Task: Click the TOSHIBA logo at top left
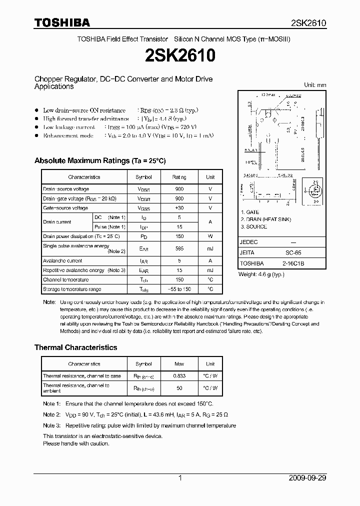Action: point(62,22)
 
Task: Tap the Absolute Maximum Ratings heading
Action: point(99,160)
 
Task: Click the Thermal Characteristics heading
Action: point(75,347)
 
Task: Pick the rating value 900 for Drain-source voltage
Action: point(179,189)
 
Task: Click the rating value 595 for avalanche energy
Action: point(179,248)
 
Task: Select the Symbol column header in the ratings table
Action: point(144,177)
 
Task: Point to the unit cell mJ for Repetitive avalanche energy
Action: point(210,270)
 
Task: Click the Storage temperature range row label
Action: point(72,289)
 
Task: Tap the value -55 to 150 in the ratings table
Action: point(179,289)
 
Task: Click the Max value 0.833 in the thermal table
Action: point(179,375)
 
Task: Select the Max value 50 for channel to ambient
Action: point(179,388)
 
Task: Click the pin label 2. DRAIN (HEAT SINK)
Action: point(265,219)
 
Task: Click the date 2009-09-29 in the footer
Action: point(307,478)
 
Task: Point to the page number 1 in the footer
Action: point(180,478)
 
